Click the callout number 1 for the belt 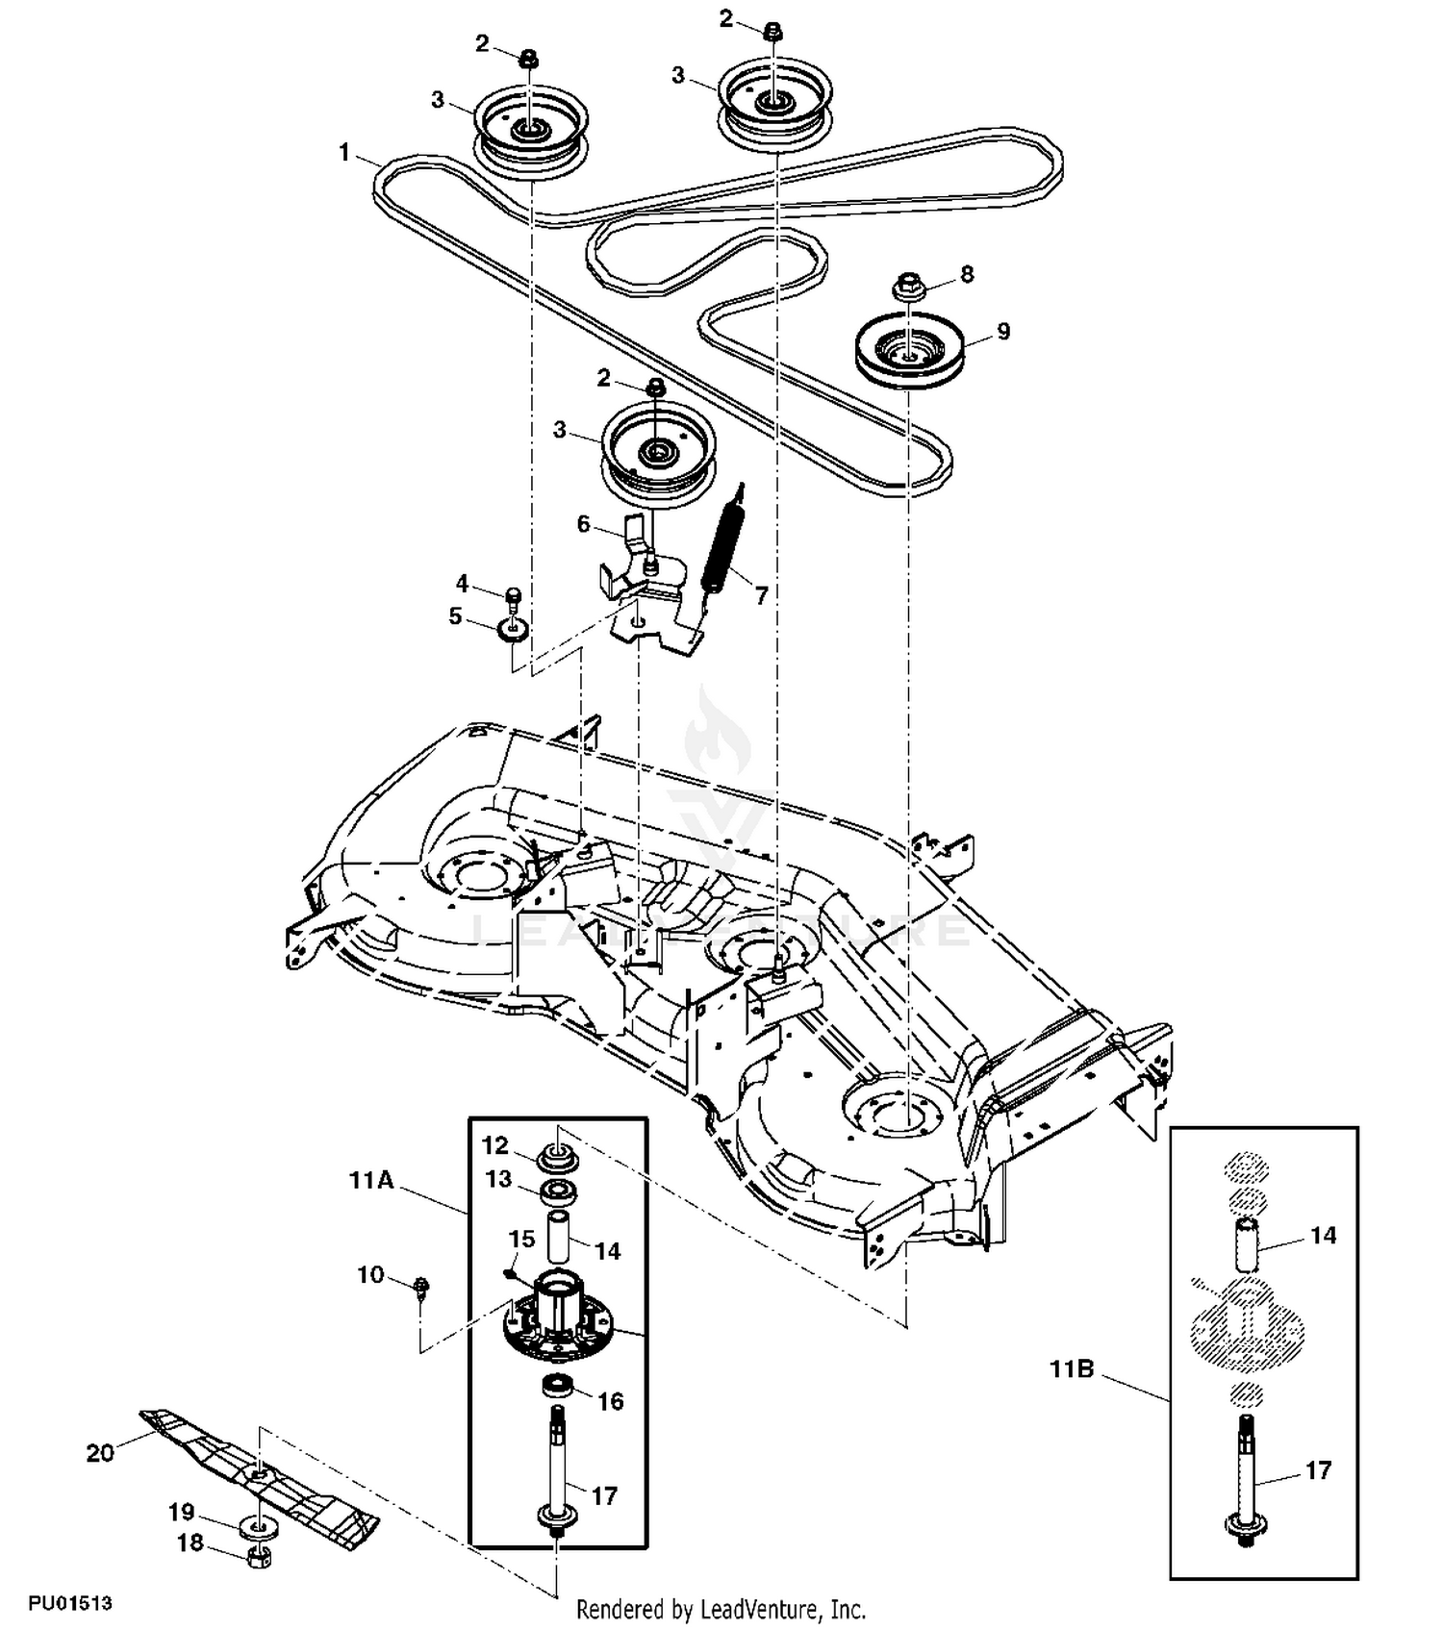coord(344,153)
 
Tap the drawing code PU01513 coord(70,1603)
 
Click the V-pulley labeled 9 coord(909,349)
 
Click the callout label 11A coord(371,1180)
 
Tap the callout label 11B coord(1072,1368)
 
